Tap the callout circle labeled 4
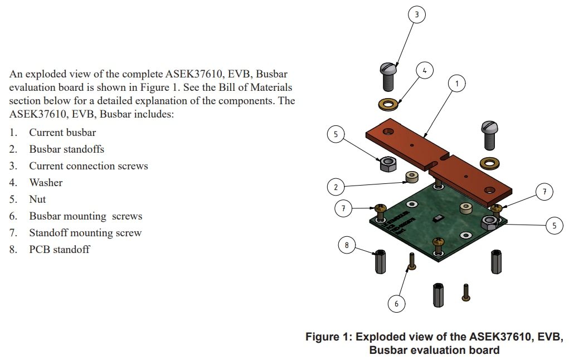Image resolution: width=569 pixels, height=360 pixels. coord(425,71)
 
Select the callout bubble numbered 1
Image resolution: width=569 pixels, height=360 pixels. coord(457,84)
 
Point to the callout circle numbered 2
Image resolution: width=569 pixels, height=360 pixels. coord(335,187)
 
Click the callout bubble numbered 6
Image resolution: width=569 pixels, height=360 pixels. coord(396,303)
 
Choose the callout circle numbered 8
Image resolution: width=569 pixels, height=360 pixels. coord(347,245)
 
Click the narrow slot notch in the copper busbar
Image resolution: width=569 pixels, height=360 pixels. coord(436,162)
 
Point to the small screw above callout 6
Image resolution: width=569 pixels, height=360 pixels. coord(411,261)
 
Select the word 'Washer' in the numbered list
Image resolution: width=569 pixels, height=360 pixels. coord(46,183)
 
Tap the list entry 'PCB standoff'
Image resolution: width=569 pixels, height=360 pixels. coord(59,250)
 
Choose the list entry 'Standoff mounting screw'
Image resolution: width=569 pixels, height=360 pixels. coord(85,233)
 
